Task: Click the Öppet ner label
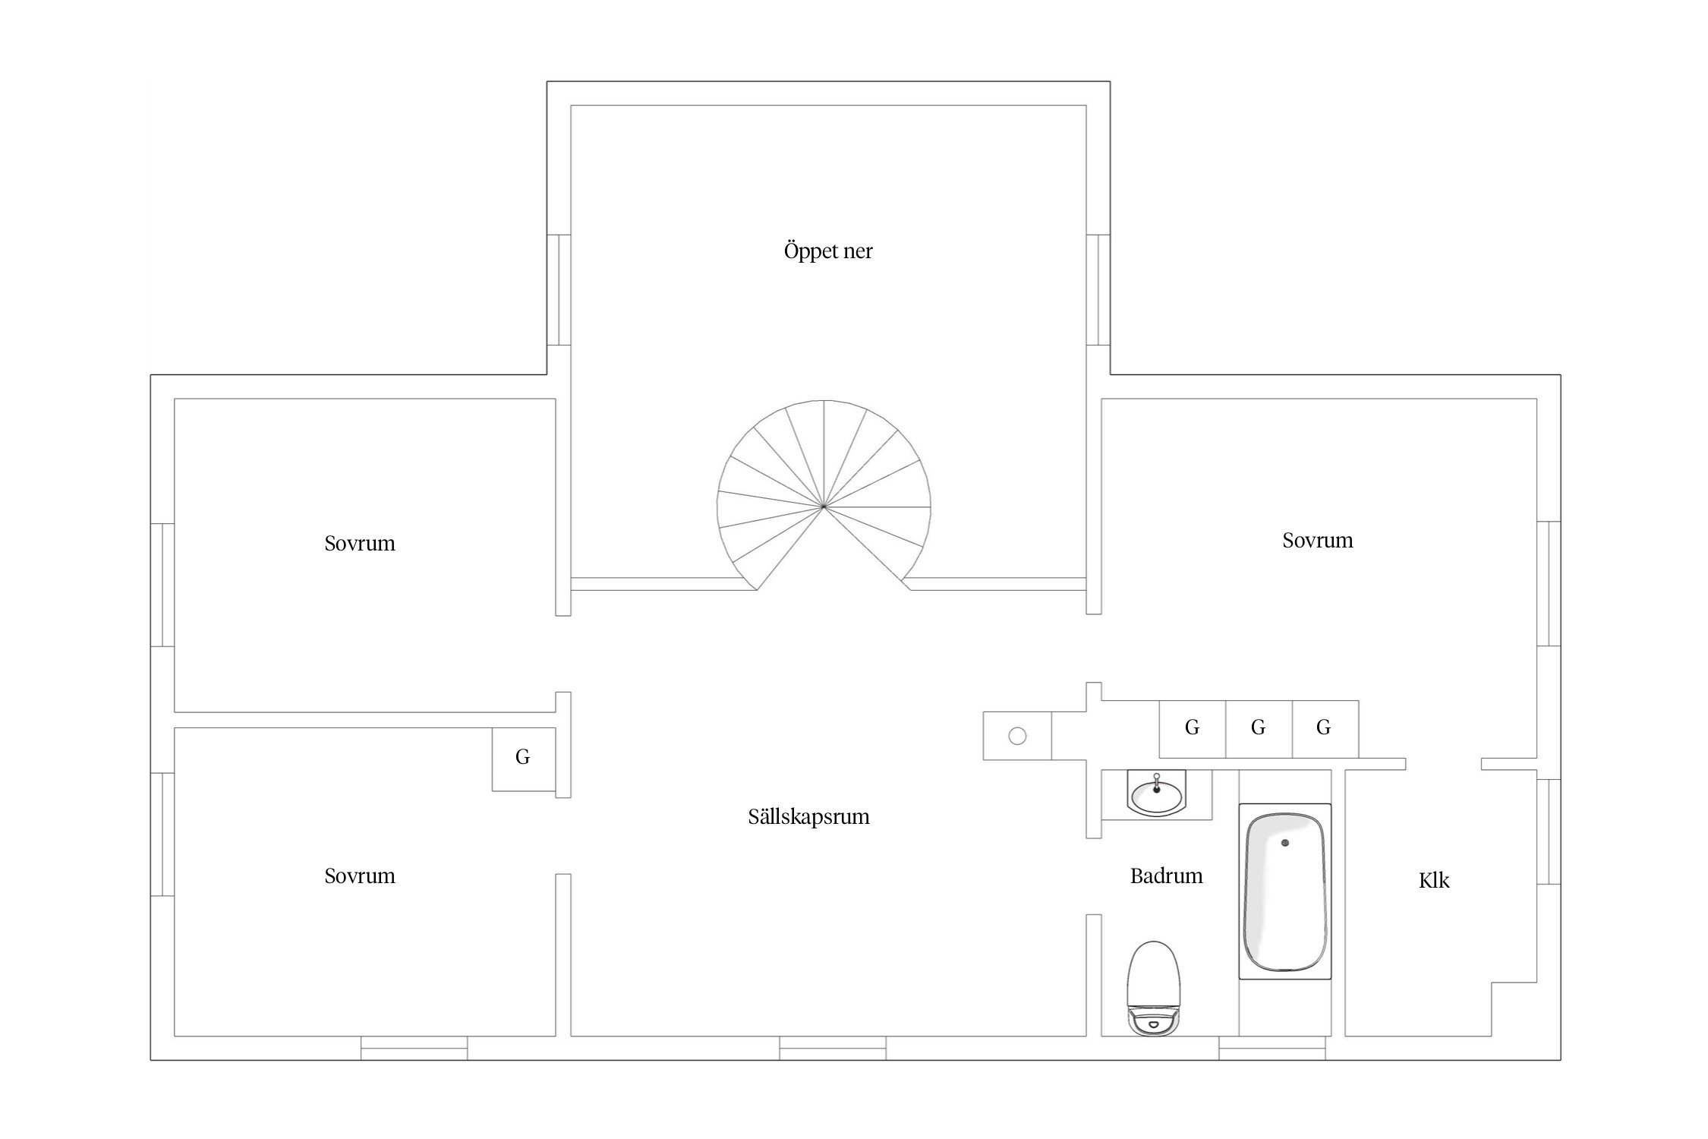[x=828, y=251]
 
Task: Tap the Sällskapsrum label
[x=808, y=817]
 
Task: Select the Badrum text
[x=1166, y=876]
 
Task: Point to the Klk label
[x=1434, y=880]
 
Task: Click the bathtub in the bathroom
[x=1285, y=891]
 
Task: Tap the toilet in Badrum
[x=1154, y=988]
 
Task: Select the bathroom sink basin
[x=1156, y=794]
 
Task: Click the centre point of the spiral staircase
[x=823, y=505]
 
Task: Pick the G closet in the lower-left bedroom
[x=523, y=759]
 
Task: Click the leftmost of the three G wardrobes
[x=1193, y=729]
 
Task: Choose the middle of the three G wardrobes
[x=1259, y=729]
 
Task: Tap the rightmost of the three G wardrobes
[x=1325, y=729]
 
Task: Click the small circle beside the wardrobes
[x=1017, y=736]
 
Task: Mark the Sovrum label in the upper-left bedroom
[x=360, y=544]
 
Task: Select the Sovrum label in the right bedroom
[x=1318, y=541]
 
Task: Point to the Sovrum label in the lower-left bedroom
[x=360, y=876]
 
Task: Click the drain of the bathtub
[x=1285, y=843]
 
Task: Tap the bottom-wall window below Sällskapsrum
[x=833, y=1048]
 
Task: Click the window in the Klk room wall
[x=1549, y=831]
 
